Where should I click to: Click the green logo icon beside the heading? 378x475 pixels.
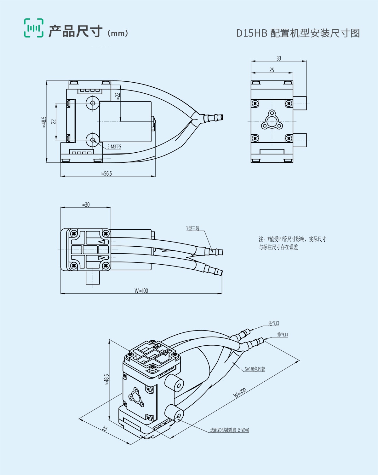33,28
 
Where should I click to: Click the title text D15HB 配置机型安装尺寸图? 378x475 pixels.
298,33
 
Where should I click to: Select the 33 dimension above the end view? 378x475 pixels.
278,58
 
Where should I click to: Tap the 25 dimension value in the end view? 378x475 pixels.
272,70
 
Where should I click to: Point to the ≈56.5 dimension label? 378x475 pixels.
106,173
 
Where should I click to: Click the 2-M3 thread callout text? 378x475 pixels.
114,147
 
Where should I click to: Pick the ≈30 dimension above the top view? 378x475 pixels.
86,205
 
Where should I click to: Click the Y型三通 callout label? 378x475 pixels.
193,228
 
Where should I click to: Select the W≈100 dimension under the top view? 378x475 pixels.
141,290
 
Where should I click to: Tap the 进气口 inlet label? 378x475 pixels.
274,323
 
